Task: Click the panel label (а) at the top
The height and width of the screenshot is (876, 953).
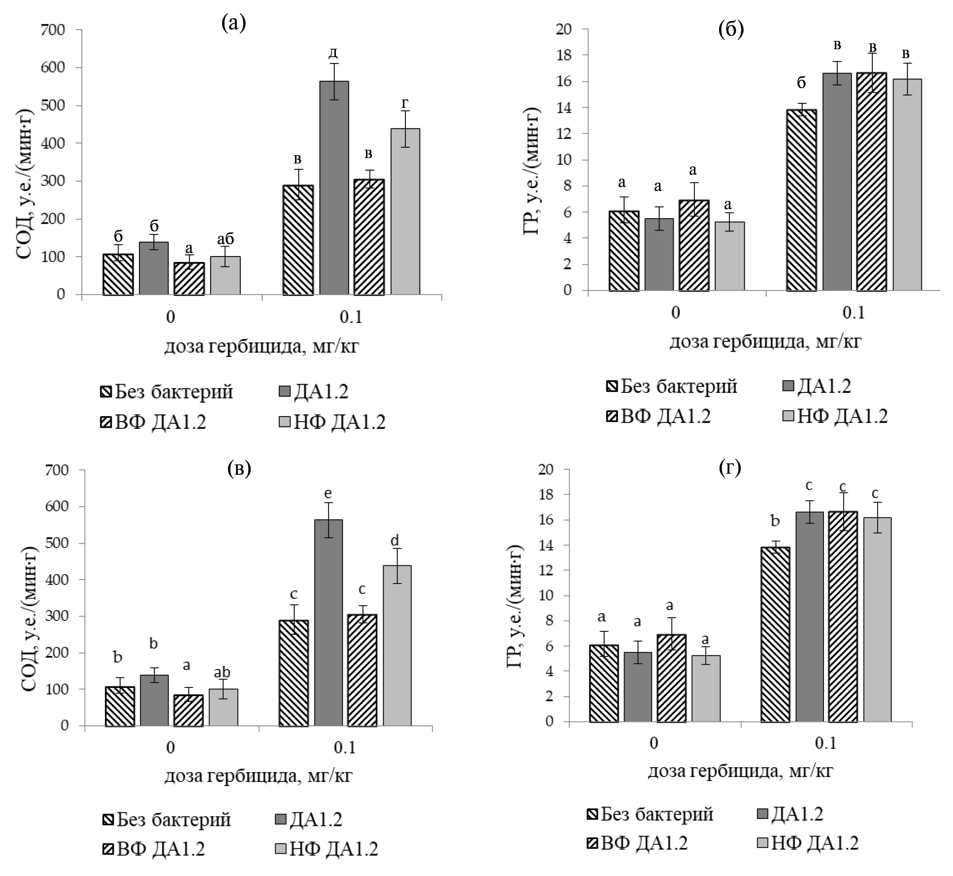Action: pos(233,24)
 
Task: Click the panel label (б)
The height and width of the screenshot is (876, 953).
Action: pos(731,30)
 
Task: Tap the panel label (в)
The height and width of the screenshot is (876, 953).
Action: pos(239,468)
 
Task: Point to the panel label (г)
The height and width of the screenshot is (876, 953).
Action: pos(730,468)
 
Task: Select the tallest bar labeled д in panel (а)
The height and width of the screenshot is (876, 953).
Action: pos(334,188)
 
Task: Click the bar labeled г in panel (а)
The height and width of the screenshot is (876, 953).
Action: pos(405,211)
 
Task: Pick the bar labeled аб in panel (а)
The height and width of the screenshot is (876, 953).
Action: pos(226,275)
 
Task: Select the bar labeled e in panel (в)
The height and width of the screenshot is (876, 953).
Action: pos(329,622)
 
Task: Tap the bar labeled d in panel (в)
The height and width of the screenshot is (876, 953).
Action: pos(397,645)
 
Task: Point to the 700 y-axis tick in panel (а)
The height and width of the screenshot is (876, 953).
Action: pos(54,30)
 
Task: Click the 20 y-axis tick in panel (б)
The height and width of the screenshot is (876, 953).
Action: pos(565,30)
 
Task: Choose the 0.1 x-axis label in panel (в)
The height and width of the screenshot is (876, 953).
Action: pos(344,748)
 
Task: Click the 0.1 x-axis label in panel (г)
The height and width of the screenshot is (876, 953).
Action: pos(826,743)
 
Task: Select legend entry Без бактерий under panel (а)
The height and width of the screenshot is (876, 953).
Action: pos(167,392)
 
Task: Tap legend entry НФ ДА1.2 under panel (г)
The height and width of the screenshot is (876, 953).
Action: pos(807,843)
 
